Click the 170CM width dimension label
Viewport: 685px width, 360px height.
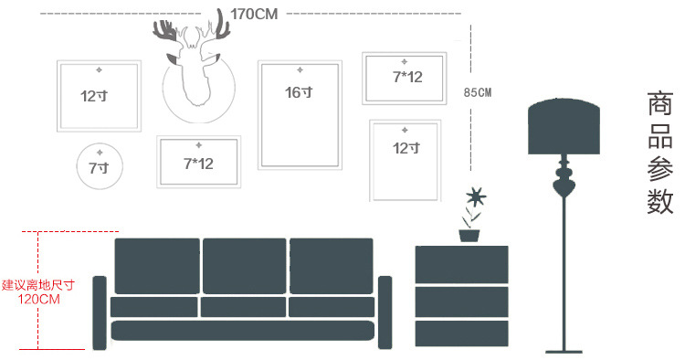pos(254,14)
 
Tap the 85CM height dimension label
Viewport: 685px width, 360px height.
pos(478,92)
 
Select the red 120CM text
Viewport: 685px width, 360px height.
pos(38,300)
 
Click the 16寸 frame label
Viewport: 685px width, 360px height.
pos(299,92)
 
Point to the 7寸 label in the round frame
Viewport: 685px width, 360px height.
pos(99,168)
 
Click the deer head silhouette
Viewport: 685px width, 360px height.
pos(192,61)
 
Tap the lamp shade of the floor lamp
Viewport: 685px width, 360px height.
pos(564,127)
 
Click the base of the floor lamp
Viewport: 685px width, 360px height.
pos(564,351)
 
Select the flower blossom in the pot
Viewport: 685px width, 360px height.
pos(475,196)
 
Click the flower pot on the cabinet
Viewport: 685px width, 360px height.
pos(469,236)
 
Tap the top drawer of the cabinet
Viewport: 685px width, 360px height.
pos(461,264)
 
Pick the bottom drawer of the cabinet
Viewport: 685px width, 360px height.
pos(461,334)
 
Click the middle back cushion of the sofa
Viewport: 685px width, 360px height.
pos(244,266)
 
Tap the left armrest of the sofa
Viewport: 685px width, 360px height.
pos(100,312)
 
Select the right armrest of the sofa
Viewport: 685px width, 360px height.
pos(385,312)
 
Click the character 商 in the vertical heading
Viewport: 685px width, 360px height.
pos(659,103)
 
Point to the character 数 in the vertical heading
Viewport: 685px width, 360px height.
pos(659,201)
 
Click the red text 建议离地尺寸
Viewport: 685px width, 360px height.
pos(38,285)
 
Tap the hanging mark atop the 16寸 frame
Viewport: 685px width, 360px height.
pos(300,70)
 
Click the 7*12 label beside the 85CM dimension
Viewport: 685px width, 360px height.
pos(407,77)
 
